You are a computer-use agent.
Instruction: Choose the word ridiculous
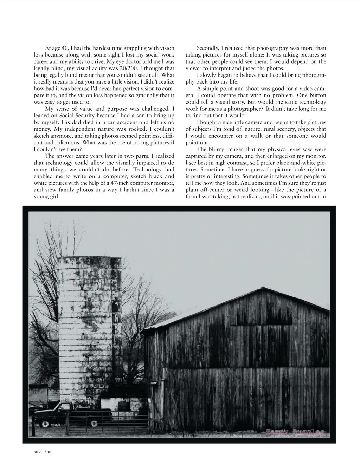click(x=73, y=143)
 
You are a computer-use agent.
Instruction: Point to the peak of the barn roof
click(x=262, y=288)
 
